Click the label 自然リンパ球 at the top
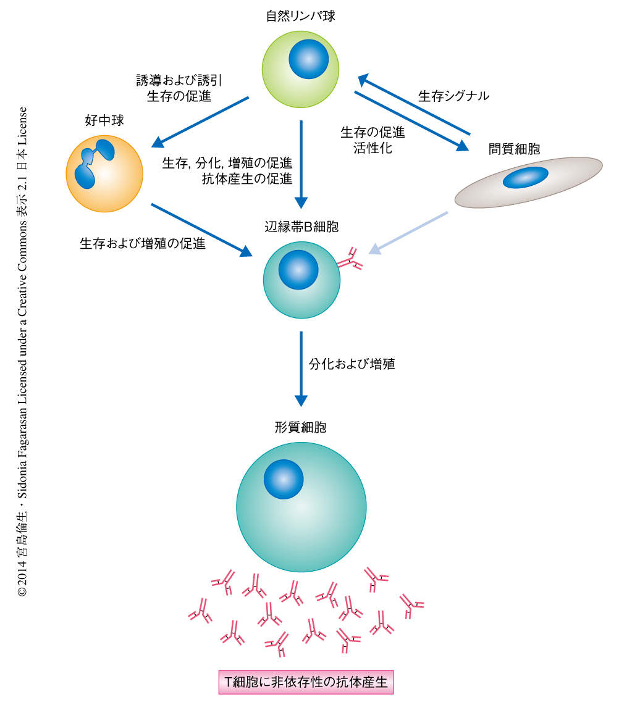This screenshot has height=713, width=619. (300, 16)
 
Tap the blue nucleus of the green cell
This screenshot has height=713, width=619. (308, 59)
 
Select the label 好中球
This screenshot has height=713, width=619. (104, 120)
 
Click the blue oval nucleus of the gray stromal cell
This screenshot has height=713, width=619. (526, 178)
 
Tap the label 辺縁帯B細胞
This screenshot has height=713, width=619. (301, 227)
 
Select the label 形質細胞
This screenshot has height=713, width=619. (300, 427)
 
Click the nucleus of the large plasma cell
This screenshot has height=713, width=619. (284, 480)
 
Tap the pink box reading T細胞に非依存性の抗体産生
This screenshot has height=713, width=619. (306, 682)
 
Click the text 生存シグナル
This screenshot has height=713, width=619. (453, 96)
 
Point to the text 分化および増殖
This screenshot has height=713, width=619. (352, 364)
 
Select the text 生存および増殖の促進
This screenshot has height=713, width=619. (143, 243)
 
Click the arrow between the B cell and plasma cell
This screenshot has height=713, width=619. (301, 369)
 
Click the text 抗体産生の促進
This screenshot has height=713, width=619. (247, 180)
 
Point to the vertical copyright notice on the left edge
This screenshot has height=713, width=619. (22, 352)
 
